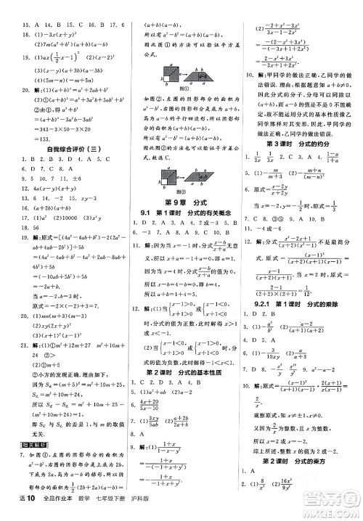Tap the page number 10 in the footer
point(23,512)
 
